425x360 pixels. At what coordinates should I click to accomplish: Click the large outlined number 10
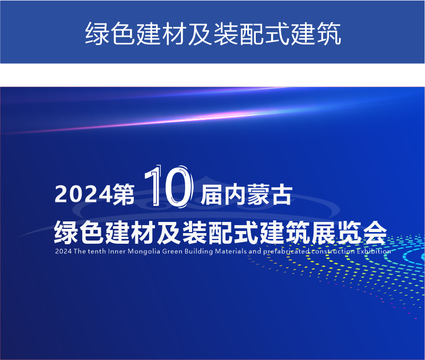pyautogui.click(x=169, y=187)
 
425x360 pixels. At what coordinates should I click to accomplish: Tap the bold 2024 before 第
pyautogui.click(x=83, y=194)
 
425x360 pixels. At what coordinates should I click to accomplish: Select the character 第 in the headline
pyautogui.click(x=124, y=194)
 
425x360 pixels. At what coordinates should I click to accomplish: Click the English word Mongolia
pyautogui.click(x=144, y=252)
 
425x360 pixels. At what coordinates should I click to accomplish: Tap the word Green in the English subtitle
pyautogui.click(x=172, y=251)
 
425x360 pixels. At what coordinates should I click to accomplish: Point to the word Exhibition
pyautogui.click(x=374, y=251)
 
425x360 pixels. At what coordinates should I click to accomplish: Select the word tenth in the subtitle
pyautogui.click(x=97, y=251)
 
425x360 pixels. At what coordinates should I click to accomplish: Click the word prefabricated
pyautogui.click(x=286, y=252)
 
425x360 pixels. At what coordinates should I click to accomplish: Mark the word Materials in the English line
pyautogui.click(x=231, y=251)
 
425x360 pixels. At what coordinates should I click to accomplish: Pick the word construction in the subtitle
pyautogui.click(x=333, y=251)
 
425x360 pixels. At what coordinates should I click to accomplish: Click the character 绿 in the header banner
pyautogui.click(x=97, y=33)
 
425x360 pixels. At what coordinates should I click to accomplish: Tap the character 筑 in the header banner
pyautogui.click(x=328, y=33)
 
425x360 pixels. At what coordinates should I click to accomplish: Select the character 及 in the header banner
pyautogui.click(x=200, y=33)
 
